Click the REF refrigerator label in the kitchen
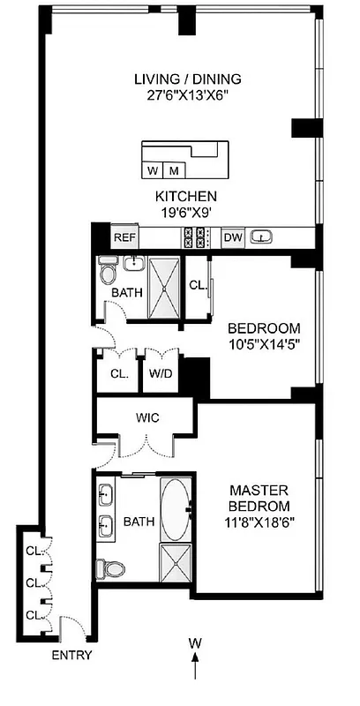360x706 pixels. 123,237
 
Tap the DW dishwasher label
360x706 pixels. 233,237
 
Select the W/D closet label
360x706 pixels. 161,373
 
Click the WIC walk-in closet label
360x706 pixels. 147,417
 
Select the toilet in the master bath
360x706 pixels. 109,567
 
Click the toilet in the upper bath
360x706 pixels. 108,268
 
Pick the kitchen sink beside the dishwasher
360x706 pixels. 261,237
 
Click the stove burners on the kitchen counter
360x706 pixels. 194,237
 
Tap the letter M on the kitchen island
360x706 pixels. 174,169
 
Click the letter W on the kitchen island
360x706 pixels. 154,169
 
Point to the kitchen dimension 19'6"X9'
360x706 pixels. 186,212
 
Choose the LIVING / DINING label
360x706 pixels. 187,79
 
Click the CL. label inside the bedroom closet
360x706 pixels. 199,285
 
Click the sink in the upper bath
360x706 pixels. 132,264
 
